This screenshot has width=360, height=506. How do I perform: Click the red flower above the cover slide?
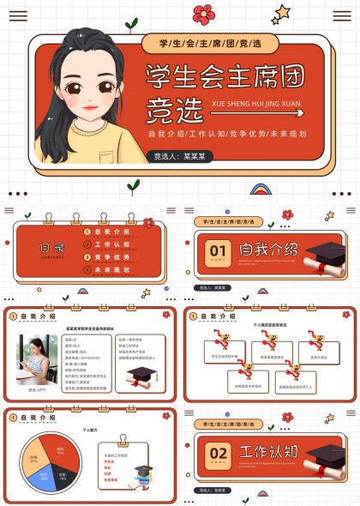click(x=203, y=13)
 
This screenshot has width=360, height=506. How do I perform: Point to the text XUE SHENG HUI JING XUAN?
click(x=255, y=100)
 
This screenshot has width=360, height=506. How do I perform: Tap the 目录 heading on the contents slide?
click(x=51, y=247)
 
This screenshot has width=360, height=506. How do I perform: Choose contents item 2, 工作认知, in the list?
click(x=111, y=244)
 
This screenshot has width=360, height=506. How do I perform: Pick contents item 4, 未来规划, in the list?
click(x=111, y=269)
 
